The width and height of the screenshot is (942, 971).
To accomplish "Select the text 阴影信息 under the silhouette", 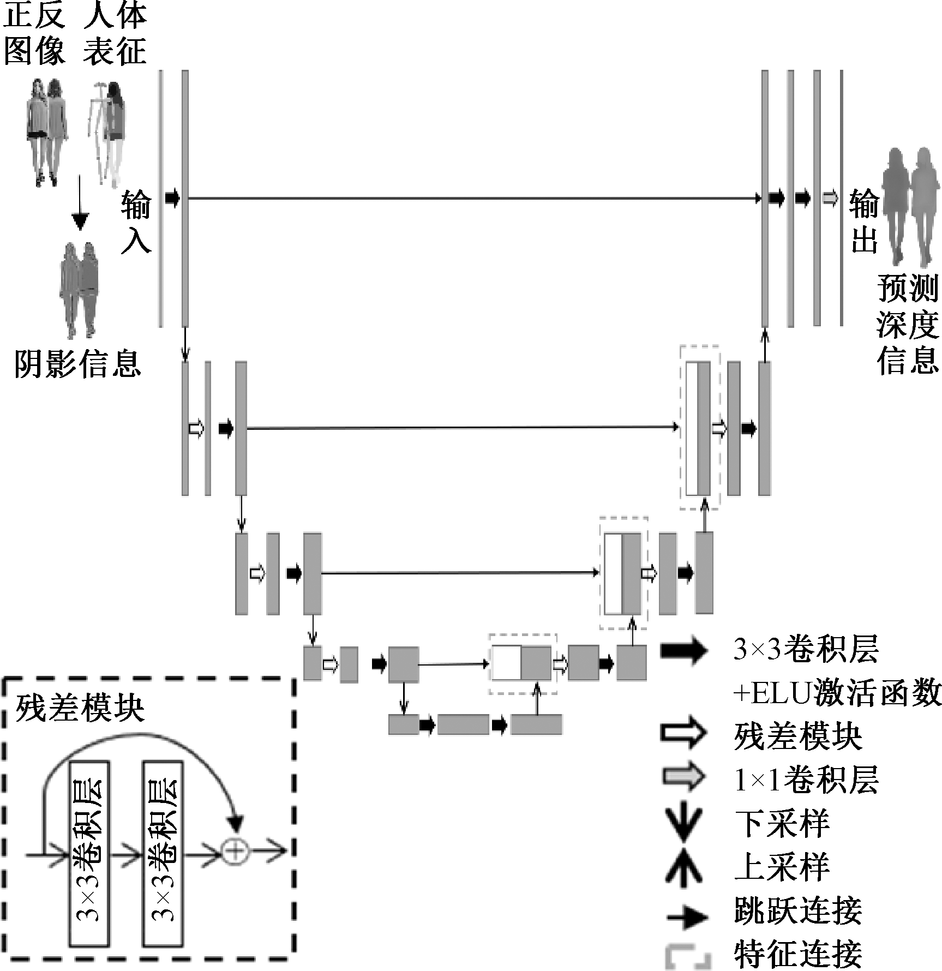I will [77, 363].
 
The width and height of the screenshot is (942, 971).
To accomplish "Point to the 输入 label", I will [136, 221].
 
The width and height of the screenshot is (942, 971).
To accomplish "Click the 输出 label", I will [864, 221].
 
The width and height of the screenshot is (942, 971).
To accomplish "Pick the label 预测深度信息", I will [908, 324].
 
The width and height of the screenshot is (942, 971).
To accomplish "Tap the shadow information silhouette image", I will [79, 289].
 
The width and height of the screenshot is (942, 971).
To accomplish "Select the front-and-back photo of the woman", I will [47, 131].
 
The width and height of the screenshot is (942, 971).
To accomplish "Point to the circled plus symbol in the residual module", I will [235, 850].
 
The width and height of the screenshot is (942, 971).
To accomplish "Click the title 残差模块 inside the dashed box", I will [80, 709].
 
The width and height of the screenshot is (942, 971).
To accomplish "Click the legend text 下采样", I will [782, 824].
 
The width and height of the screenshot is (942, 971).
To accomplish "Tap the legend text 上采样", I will [782, 867].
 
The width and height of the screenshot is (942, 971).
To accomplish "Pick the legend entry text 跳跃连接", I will [798, 910].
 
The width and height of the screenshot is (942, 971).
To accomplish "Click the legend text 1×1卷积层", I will [806, 780].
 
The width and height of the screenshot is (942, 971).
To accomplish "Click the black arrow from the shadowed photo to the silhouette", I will [80, 205].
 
